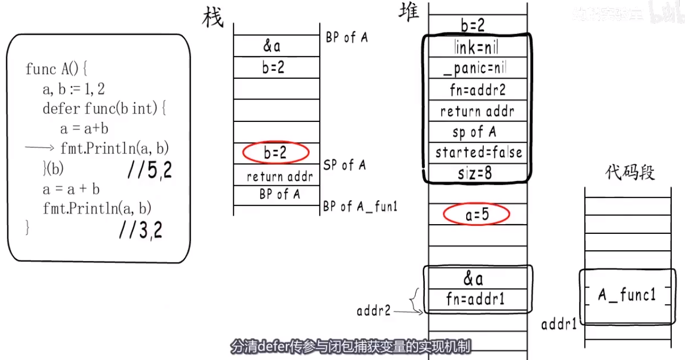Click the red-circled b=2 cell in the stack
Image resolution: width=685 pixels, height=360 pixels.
(x=275, y=153)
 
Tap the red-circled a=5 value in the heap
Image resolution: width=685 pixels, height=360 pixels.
(x=476, y=215)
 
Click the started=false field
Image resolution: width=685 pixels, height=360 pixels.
(x=478, y=153)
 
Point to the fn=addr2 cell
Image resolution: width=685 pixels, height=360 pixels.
(x=477, y=89)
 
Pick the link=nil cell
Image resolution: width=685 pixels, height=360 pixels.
(x=477, y=48)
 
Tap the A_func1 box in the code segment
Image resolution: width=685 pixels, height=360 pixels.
(x=626, y=295)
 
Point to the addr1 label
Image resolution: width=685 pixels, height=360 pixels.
(x=559, y=324)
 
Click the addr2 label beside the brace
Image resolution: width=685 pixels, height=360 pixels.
(x=373, y=310)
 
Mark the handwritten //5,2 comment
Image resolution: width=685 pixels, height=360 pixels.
(x=150, y=170)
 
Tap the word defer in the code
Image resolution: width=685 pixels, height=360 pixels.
(x=62, y=109)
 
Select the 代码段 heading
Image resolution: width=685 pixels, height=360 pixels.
(x=629, y=173)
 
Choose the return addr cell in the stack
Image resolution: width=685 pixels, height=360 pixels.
(x=279, y=177)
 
